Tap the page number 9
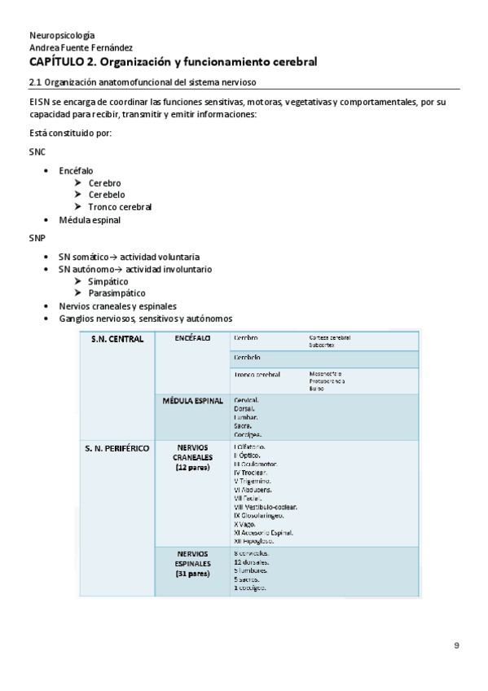pyautogui.click(x=456, y=645)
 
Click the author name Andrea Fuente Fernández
pyautogui.click(x=81, y=48)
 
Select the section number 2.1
pyautogui.click(x=35, y=81)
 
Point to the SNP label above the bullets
pyautogui.click(x=37, y=238)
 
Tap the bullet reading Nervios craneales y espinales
pyautogui.click(x=117, y=306)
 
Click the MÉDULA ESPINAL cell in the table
pyautogui.click(x=193, y=402)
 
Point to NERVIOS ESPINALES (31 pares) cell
pyautogui.click(x=192, y=563)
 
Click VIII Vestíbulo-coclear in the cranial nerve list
pyautogui.click(x=265, y=506)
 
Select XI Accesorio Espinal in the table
pyautogui.click(x=263, y=533)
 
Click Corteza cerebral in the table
pyautogui.click(x=329, y=337)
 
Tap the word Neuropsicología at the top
pyautogui.click(x=61, y=36)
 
